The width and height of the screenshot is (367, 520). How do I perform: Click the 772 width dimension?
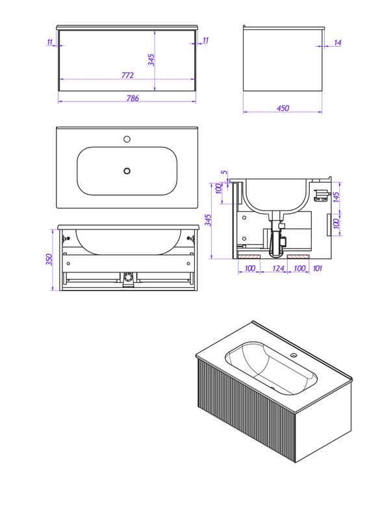[x=127, y=75]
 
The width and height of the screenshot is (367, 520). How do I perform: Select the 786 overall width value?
[x=133, y=98]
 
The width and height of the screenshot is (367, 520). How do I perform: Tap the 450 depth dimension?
[x=283, y=108]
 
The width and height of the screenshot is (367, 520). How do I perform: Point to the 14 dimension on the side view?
[x=338, y=43]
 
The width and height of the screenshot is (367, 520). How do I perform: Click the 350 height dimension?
[x=49, y=259]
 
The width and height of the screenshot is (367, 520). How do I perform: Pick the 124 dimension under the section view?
[x=278, y=268]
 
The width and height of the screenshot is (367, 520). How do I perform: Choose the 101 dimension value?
[x=317, y=268]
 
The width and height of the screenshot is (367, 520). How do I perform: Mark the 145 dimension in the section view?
[x=336, y=198]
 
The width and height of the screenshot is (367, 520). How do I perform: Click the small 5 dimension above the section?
[x=225, y=172]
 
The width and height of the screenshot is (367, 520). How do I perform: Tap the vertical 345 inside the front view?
[x=151, y=60]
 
